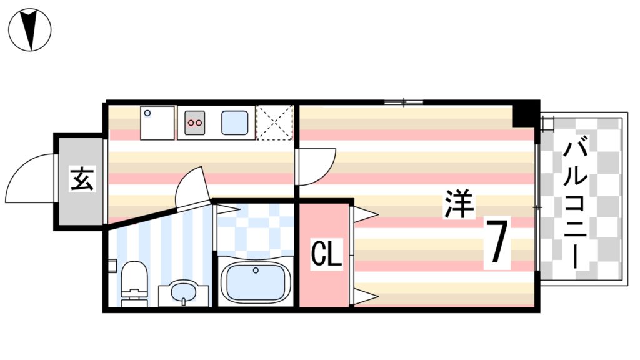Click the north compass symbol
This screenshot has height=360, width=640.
(x=30, y=29)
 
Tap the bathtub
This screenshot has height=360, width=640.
(x=256, y=282)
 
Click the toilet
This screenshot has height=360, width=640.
(x=132, y=285)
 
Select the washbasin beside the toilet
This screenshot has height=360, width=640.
(x=182, y=292)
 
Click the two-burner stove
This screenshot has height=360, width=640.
(x=196, y=122)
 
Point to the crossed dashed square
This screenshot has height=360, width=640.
(x=276, y=122)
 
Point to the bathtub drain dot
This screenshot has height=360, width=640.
(x=256, y=271)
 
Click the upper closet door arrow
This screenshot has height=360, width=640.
(x=366, y=215)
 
